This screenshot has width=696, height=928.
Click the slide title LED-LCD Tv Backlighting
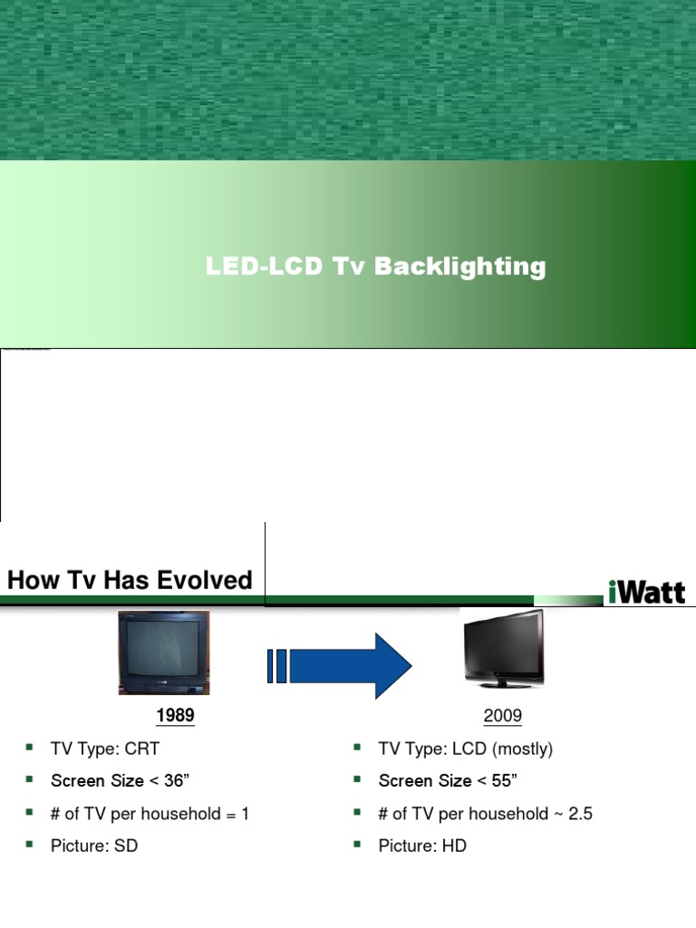click(x=375, y=267)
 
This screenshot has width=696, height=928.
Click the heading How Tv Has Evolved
click(x=130, y=581)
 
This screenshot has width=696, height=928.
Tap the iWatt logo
click(x=646, y=591)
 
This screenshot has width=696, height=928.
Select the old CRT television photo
click(x=164, y=651)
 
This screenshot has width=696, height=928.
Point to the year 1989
click(x=175, y=716)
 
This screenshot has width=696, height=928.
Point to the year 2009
click(x=503, y=716)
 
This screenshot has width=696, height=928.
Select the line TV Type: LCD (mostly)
click(x=465, y=749)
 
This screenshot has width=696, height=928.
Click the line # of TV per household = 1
click(x=150, y=814)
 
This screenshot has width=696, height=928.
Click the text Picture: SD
click(x=94, y=846)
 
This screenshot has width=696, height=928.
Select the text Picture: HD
click(x=422, y=846)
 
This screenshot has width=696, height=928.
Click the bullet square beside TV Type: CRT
click(x=29, y=748)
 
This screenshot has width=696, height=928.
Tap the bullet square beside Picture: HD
click(x=357, y=845)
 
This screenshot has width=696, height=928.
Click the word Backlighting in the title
click(x=460, y=267)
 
